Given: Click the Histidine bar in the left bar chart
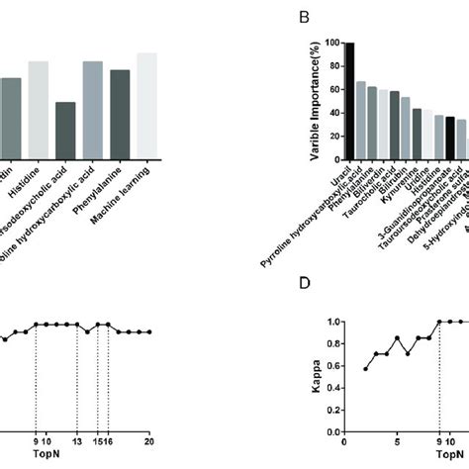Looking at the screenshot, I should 38,109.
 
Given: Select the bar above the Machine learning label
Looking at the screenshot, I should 146,104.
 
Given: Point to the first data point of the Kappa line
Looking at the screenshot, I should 366,369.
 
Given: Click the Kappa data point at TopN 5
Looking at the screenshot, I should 397,338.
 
